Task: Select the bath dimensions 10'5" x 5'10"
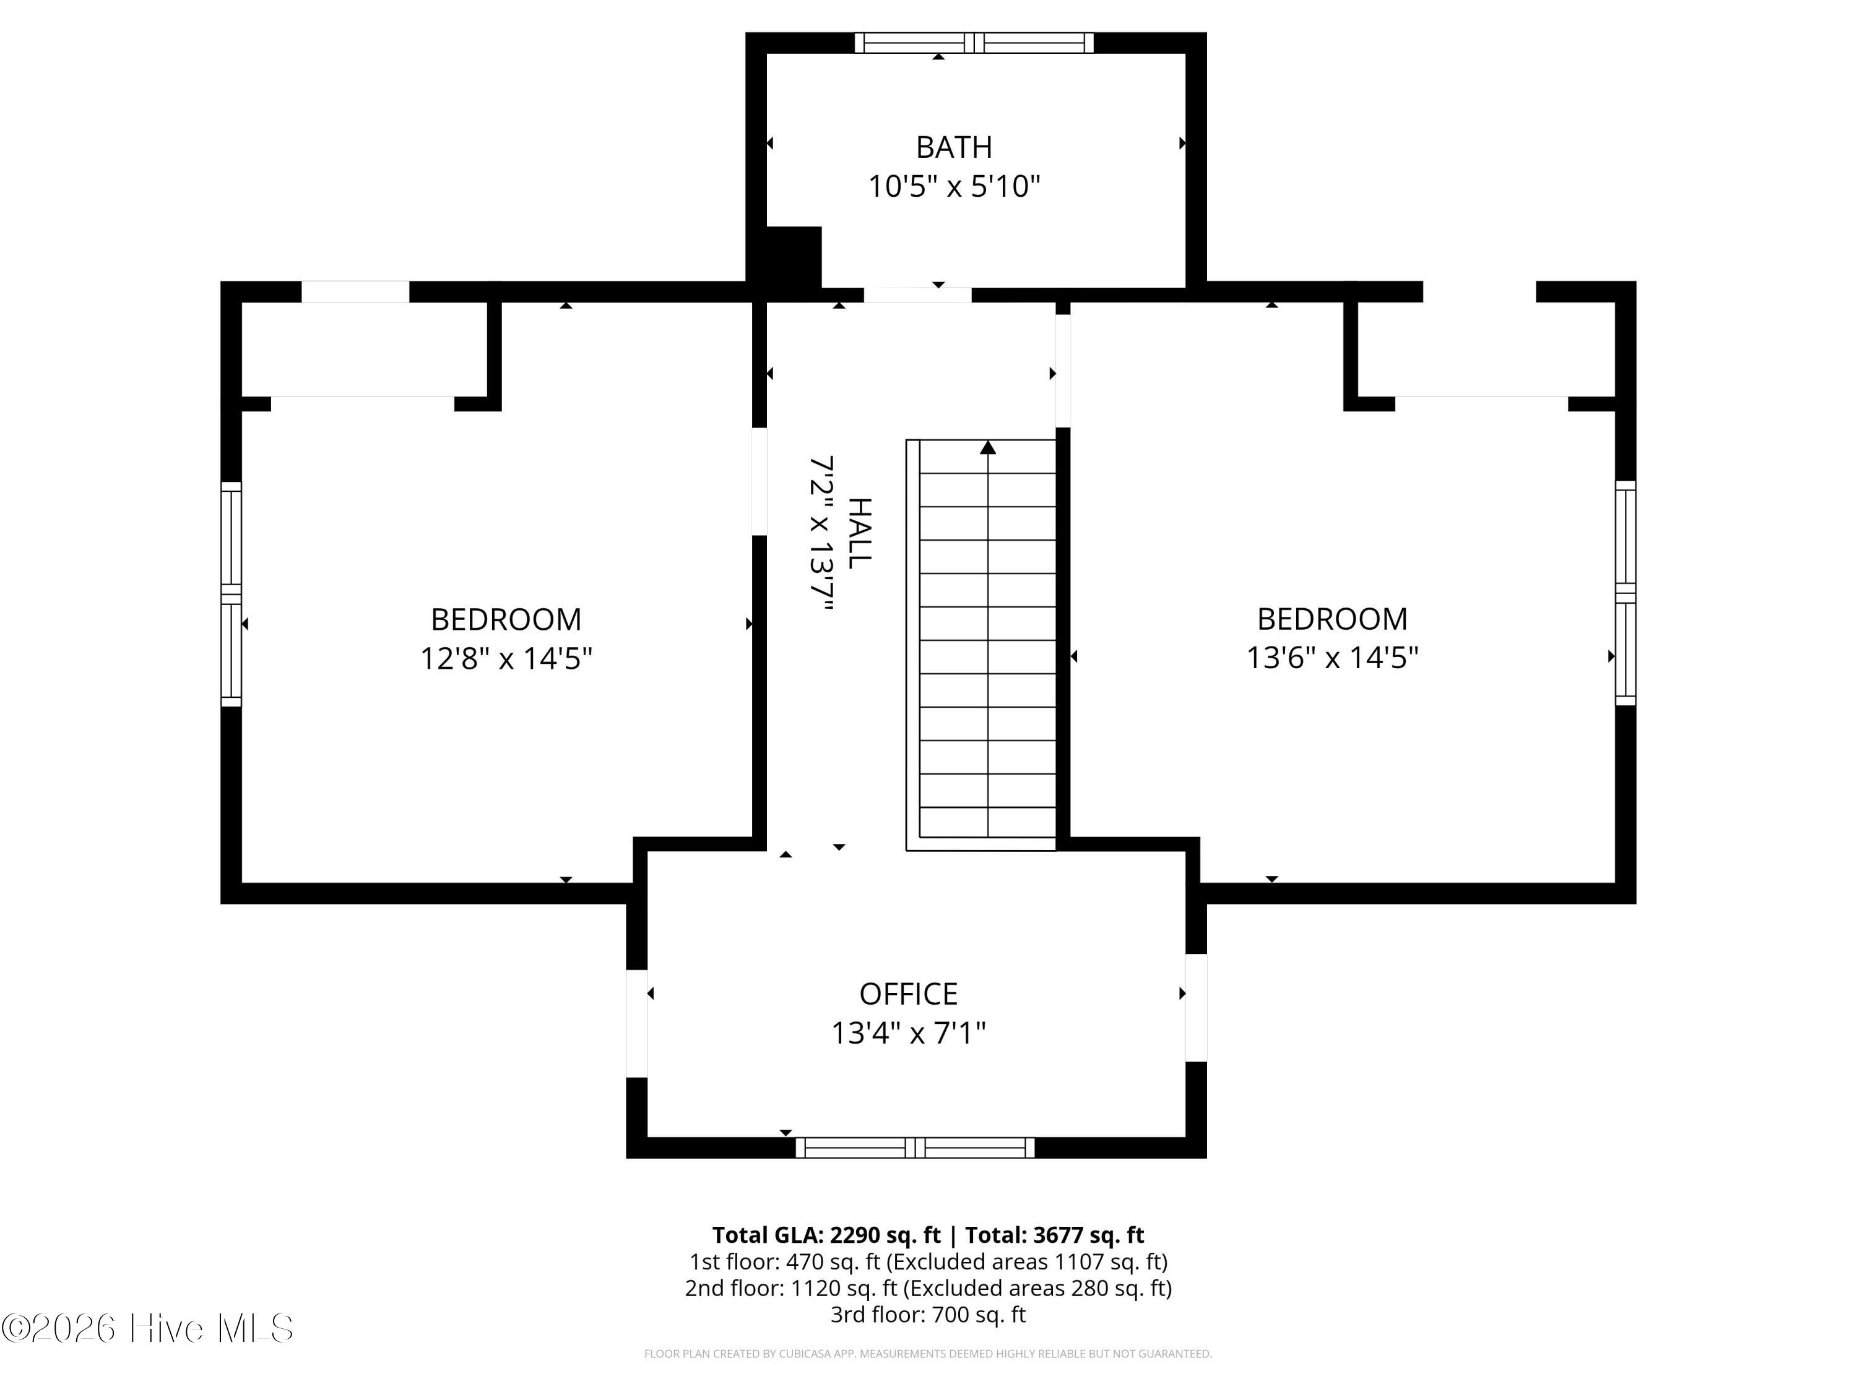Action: pos(954,186)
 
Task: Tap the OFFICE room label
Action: pos(908,994)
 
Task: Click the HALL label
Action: pos(860,534)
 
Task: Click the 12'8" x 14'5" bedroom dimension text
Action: pos(506,658)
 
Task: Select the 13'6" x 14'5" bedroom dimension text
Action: pos(1332,657)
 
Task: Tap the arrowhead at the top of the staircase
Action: pos(988,447)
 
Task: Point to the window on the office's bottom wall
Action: pos(915,1148)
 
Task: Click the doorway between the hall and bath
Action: pos(917,294)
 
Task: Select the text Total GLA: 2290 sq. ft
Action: pos(827,1235)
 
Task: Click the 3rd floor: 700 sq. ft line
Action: pos(928,1314)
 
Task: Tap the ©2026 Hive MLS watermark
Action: pos(148,1328)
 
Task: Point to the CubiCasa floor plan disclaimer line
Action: pos(928,1354)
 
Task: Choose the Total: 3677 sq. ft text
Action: pos(1054,1235)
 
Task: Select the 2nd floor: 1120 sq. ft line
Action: pos(928,1288)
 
